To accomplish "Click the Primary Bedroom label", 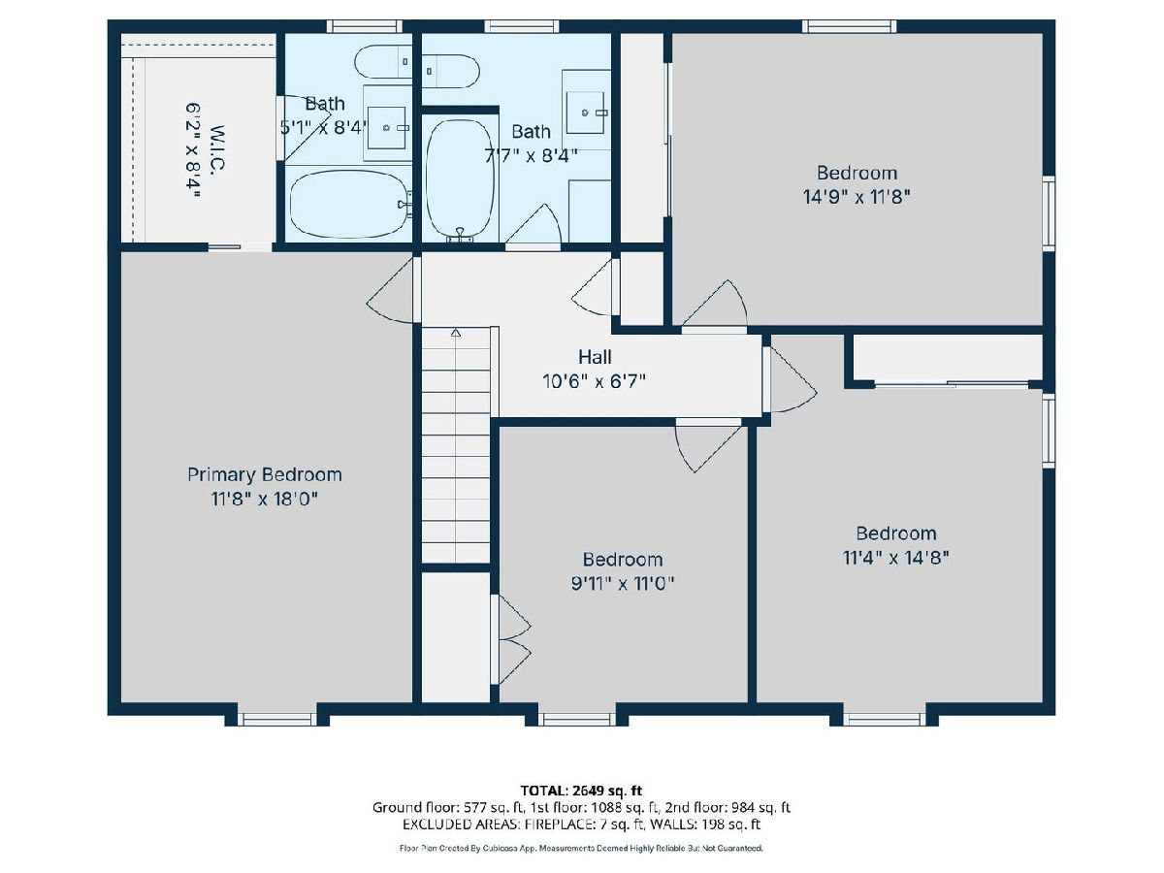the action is coord(264,475).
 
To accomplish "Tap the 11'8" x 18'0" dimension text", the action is coord(264,500).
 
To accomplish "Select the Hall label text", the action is coord(595,357).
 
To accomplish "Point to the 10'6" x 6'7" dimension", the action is coord(595,381).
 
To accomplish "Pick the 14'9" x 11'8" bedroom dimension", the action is coord(857,197).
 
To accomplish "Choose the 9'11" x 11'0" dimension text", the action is coord(623,584).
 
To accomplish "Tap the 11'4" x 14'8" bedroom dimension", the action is coord(895,557).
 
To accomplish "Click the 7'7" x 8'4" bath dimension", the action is coord(531,156).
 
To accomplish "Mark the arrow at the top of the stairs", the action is coord(456,333).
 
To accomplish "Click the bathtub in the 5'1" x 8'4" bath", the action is coord(349,204).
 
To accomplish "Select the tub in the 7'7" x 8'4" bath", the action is coord(461,178).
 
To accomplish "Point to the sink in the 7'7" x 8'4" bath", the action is coord(586,113).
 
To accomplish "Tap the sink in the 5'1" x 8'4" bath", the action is coord(387,128).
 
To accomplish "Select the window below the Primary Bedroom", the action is coord(276,719).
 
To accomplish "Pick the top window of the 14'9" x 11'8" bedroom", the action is coord(849,26).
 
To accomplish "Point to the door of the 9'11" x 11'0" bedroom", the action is coord(708,444).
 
